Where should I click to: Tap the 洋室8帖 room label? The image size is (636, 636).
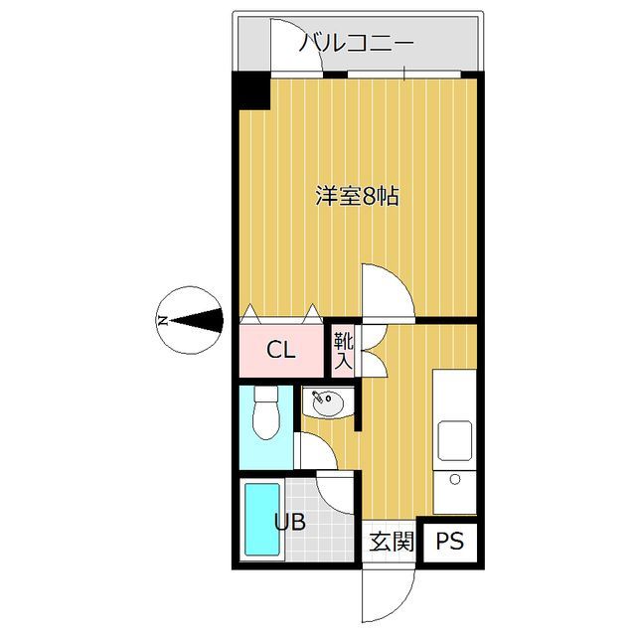click(x=358, y=196)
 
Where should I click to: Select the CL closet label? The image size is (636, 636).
click(x=280, y=350)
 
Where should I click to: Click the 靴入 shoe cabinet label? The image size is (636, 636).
click(x=343, y=350)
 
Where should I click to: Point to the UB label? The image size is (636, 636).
click(x=290, y=522)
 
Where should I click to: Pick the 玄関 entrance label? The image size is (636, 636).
click(x=391, y=543)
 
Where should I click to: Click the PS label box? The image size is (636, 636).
click(x=449, y=543)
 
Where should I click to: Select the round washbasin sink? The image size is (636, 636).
click(x=326, y=404)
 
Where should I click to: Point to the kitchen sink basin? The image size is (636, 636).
click(x=455, y=440)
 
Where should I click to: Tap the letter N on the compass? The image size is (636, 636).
click(x=162, y=320)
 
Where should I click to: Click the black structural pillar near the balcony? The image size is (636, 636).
click(x=252, y=92)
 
